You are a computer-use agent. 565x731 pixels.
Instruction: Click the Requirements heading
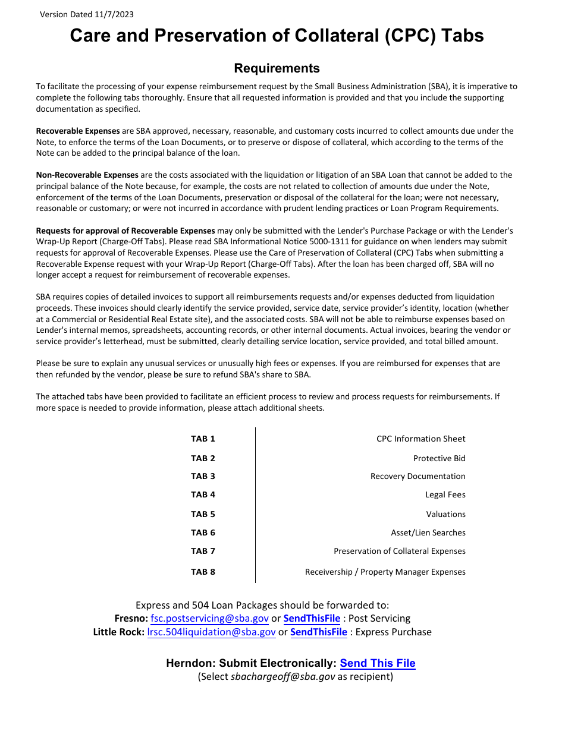tap(277, 68)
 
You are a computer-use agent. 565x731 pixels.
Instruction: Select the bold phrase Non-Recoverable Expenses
tap(87, 175)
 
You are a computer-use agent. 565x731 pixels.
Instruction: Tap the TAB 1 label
tap(203, 439)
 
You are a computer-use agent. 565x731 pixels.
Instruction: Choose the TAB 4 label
tap(203, 494)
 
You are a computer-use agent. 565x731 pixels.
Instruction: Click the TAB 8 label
tap(203, 572)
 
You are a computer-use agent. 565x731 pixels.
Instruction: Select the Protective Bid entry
tap(439, 458)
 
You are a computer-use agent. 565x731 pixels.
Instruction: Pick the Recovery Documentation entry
tap(418, 476)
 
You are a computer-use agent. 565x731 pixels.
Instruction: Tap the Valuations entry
tap(445, 514)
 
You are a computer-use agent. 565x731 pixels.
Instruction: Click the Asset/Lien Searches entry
tap(428, 533)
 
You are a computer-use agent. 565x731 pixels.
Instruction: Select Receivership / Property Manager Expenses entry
tap(385, 572)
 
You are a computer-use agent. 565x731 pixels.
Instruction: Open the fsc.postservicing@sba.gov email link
tap(209, 618)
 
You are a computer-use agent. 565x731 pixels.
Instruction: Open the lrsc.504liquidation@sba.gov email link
tap(211, 632)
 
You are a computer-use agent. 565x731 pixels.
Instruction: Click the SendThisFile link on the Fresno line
tap(312, 618)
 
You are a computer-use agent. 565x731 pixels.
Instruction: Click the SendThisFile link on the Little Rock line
tap(318, 632)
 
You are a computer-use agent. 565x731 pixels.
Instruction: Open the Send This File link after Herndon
tap(378, 663)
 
